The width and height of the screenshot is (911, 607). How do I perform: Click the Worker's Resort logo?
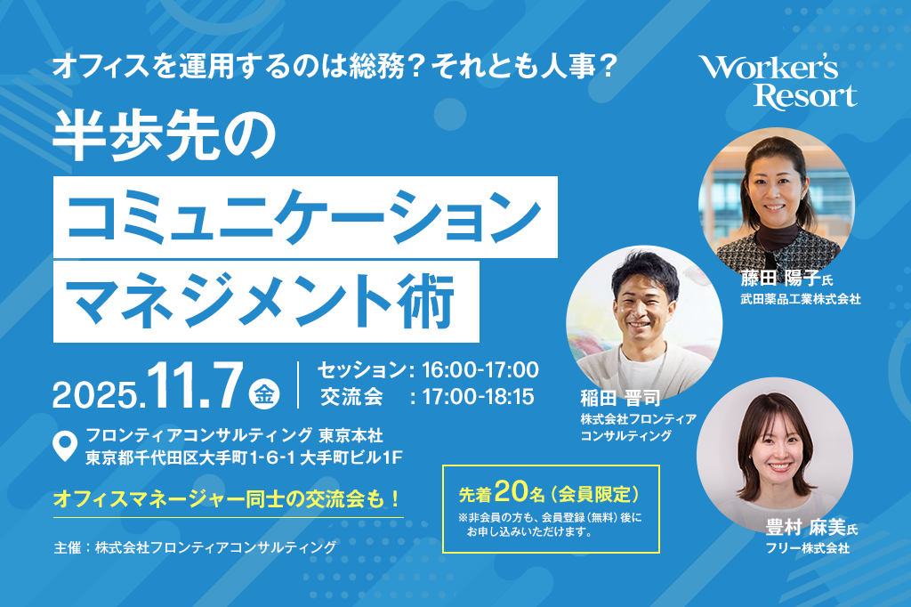tap(778, 82)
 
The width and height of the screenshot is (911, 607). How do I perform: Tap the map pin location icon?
tap(64, 446)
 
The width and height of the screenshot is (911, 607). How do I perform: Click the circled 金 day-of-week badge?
tap(264, 394)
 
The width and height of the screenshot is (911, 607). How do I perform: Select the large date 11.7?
tap(195, 386)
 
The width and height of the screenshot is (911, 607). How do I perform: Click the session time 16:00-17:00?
tap(480, 369)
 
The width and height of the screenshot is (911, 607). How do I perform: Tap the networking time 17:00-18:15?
tap(478, 397)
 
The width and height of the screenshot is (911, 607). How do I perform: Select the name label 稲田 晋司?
tap(620, 398)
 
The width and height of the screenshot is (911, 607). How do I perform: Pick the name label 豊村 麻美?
tap(805, 528)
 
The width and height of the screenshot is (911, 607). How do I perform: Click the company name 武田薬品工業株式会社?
tap(801, 299)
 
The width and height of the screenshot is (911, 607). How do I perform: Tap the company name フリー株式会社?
tap(808, 547)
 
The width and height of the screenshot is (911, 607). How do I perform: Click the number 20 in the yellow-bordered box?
tap(512, 492)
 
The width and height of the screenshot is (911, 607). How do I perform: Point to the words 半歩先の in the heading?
tap(165, 137)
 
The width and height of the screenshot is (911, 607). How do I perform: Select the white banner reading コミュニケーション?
tap(306, 217)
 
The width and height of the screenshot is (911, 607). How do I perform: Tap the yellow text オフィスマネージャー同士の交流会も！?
tap(227, 498)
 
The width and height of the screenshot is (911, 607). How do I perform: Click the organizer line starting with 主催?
tap(195, 547)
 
